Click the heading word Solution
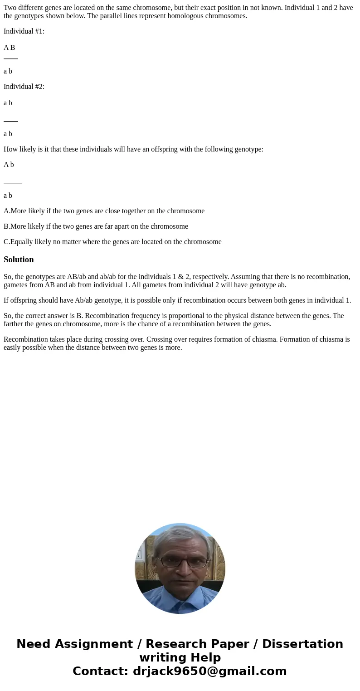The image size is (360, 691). click(x=19, y=260)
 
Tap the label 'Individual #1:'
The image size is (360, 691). click(x=24, y=31)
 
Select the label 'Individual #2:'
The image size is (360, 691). click(x=24, y=87)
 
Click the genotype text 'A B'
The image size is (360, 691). click(x=9, y=48)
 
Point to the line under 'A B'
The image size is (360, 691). click(x=11, y=59)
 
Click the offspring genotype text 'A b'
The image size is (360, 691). click(x=9, y=165)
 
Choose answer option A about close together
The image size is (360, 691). click(x=104, y=211)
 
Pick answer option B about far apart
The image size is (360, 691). click(x=96, y=226)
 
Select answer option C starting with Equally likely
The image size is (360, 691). click(x=112, y=242)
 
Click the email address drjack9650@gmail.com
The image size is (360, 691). click(x=209, y=671)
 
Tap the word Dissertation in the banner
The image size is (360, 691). click(x=302, y=644)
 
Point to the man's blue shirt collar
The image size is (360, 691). click(x=180, y=599)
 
